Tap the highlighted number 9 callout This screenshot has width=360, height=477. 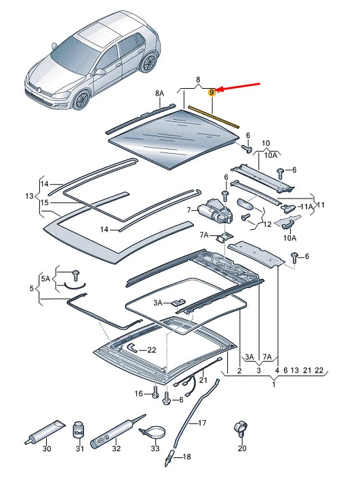(212, 92)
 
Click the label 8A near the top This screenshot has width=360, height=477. (159, 93)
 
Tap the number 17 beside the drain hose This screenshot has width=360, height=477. (201, 423)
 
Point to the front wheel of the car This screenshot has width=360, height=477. (83, 100)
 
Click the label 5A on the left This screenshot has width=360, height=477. (45, 278)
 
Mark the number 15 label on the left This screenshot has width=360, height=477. (44, 202)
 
